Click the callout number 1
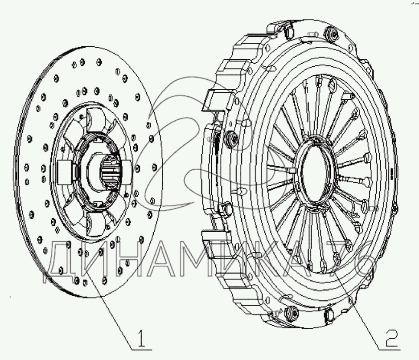tap(141, 338)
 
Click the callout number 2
tap(390, 338)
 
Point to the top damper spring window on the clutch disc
tap(96, 120)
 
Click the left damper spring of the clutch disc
tap(66, 172)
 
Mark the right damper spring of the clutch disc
tap(127, 172)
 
